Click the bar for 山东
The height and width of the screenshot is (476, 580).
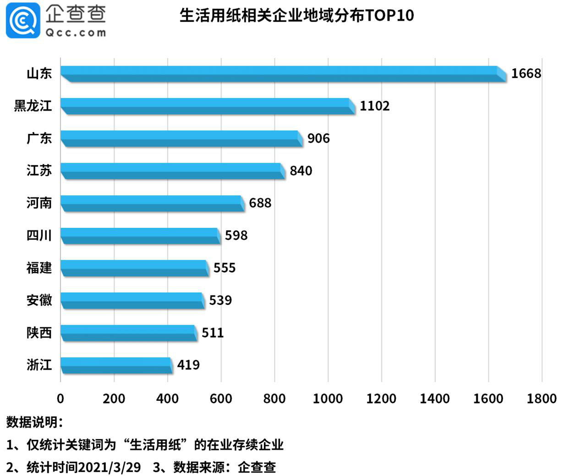click(x=283, y=74)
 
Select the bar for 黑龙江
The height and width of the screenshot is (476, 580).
click(x=207, y=106)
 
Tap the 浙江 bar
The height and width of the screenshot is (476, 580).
click(x=116, y=365)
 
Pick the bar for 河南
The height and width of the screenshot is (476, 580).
click(x=152, y=203)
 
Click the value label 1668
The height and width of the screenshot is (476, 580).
click(x=526, y=73)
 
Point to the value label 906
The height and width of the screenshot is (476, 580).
click(x=318, y=138)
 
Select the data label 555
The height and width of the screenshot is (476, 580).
click(x=224, y=268)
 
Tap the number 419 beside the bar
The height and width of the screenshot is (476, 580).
click(x=188, y=365)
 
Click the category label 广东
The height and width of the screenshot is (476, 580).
click(x=39, y=138)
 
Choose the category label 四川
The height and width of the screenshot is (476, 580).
click(x=39, y=235)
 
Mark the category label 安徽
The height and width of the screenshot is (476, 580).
click(x=39, y=300)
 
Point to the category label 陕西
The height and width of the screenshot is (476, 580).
click(x=39, y=332)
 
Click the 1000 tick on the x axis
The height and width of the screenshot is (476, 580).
click(x=328, y=399)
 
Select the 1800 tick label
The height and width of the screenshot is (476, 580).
click(x=542, y=399)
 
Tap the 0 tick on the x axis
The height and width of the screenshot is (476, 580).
click(x=60, y=399)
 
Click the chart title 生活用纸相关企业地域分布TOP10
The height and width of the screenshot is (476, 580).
click(x=296, y=16)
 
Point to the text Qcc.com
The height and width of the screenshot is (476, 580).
click(x=76, y=33)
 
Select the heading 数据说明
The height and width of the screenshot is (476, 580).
click(x=34, y=422)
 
